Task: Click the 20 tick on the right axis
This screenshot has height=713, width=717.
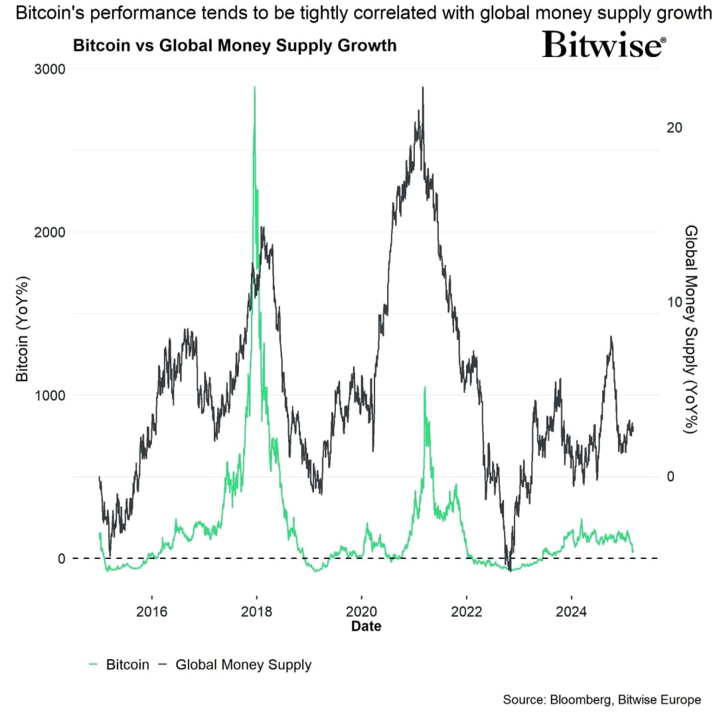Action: (x=674, y=127)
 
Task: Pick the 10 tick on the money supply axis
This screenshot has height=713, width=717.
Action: (x=674, y=301)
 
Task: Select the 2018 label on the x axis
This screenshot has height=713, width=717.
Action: (x=256, y=611)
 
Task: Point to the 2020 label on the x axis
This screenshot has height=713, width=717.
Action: (x=361, y=611)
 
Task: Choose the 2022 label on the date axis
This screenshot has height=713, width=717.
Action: (x=466, y=611)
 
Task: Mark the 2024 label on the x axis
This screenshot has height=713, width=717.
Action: (x=571, y=611)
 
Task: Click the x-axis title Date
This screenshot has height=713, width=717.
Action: (x=366, y=626)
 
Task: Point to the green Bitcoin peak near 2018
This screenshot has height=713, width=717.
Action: (x=255, y=88)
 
